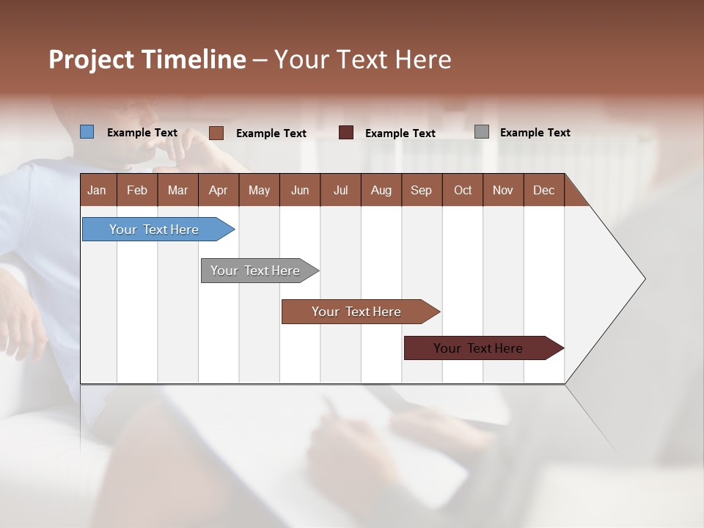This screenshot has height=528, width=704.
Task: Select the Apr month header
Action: click(219, 190)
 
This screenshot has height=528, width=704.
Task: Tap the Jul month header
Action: click(340, 190)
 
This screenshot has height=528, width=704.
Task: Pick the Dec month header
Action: click(543, 190)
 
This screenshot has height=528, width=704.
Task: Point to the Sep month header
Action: click(422, 190)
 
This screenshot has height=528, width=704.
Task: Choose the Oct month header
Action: click(463, 190)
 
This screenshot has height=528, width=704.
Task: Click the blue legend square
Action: click(87, 132)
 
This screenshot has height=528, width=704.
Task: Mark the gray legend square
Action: click(482, 132)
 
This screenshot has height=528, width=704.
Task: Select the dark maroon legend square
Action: click(346, 133)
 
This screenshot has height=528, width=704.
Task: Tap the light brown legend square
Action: click(216, 133)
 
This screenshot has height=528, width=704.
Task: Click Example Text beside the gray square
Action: click(535, 133)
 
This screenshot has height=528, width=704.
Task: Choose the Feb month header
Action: click(137, 190)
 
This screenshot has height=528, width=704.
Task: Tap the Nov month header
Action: click(503, 190)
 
